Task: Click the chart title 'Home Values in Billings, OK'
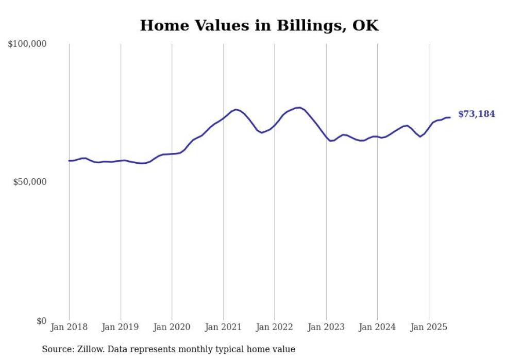pos(259,26)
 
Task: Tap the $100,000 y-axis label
pos(27,44)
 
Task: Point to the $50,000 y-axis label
pos(29,182)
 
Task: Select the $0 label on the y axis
pos(41,321)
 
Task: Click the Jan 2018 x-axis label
pos(69,327)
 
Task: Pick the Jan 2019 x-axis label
pos(121,327)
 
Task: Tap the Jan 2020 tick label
pos(172,327)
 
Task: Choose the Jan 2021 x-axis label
pos(223,327)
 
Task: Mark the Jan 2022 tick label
pos(275,327)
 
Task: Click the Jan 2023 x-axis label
pos(326,327)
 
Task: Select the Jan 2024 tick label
pos(377,327)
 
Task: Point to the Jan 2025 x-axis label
pos(429,327)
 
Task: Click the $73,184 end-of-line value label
pos(476,114)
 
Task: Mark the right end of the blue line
pos(450,117)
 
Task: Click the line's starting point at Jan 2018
pos(69,161)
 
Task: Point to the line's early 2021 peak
pos(235,109)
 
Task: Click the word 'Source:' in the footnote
pos(57,350)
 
